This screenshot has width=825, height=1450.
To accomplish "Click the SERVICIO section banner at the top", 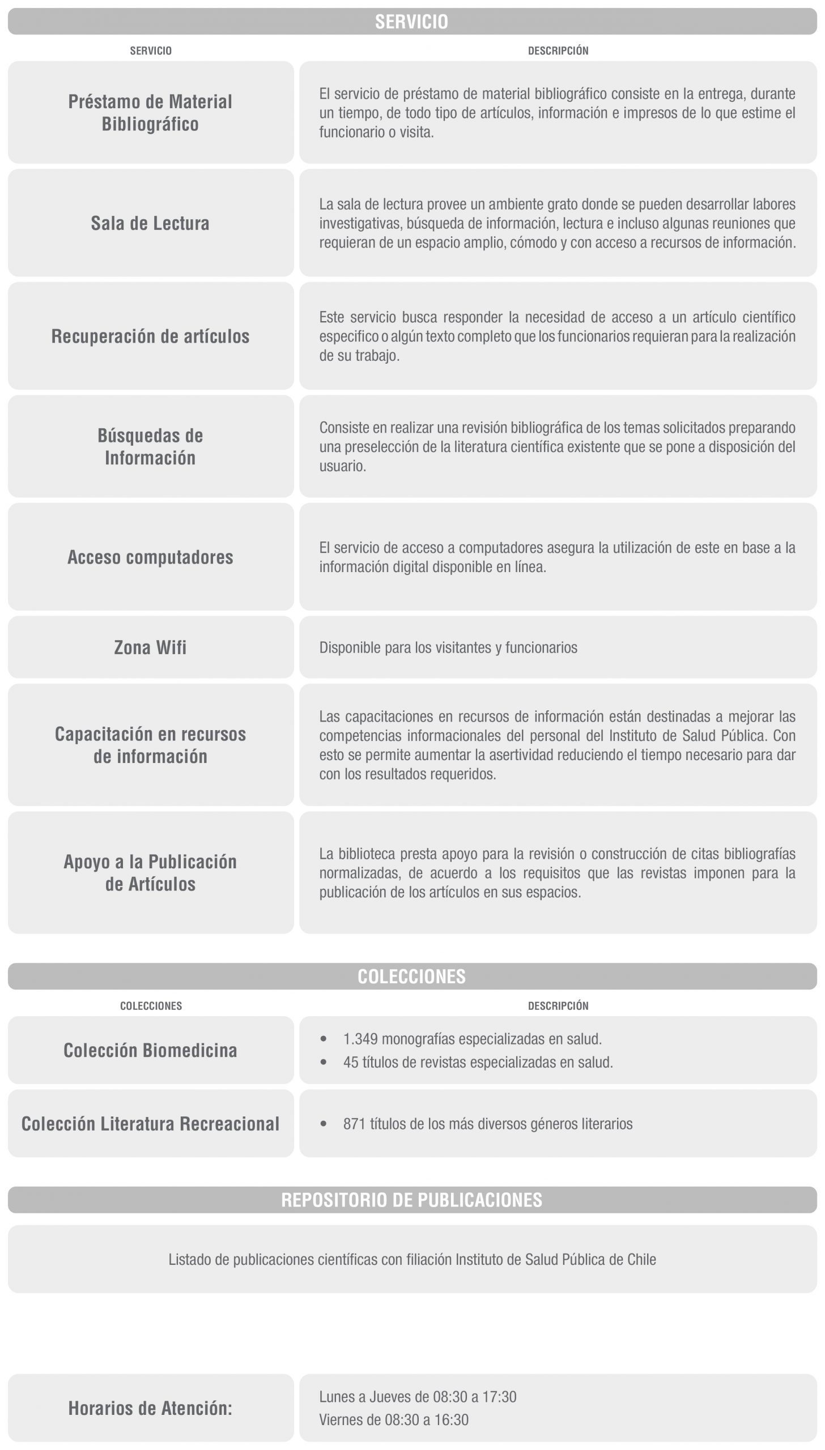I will pos(412,22).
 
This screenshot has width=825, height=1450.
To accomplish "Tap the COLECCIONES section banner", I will pos(412,976).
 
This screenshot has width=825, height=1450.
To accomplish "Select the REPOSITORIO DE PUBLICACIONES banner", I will pos(412,1200).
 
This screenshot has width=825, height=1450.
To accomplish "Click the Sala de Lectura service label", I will pos(150,223).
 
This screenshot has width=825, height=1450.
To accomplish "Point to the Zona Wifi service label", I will pos(150,647).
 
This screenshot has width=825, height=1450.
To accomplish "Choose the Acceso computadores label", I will pos(150,557).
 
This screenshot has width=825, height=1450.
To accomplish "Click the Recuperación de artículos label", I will pos(150,336).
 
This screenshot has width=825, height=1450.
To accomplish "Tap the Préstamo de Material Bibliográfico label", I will pos(150,113).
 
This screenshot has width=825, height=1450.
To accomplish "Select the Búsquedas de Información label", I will pos(150,446).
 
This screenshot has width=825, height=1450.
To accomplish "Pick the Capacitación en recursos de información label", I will pos(150,745).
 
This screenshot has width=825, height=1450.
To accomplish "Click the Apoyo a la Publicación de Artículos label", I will pos(150,872).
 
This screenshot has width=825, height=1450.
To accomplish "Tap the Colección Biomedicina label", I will pos(150,1050).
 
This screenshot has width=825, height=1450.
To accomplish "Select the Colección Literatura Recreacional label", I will pos(150,1124).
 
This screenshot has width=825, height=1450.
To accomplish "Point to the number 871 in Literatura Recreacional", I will pos(354,1124).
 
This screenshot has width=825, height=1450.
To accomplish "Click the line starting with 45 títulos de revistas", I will pos(478,1062).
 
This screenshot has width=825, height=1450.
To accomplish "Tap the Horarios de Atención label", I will pos(150,1408).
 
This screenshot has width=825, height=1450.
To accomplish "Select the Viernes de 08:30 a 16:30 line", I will pos(394,1419).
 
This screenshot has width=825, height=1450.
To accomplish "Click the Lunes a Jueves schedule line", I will pos(418,1397).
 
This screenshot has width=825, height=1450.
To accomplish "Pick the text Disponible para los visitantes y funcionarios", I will pos(448,647).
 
